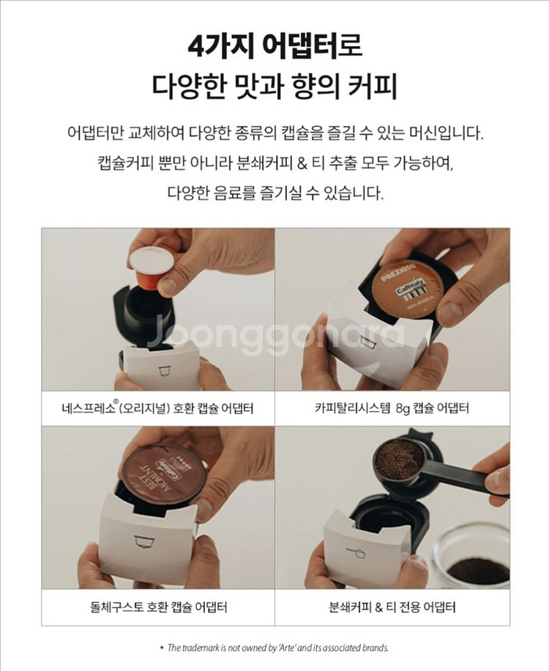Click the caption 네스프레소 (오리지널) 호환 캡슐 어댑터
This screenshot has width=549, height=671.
(158, 408)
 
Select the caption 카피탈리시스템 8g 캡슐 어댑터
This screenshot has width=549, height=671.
(392, 408)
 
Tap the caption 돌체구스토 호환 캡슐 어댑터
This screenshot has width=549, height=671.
(158, 607)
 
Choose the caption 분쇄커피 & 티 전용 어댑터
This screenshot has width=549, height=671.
(392, 607)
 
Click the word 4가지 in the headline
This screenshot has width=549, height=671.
(216, 45)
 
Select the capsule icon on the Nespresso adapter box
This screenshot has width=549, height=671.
(165, 369)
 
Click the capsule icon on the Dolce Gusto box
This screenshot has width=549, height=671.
(139, 540)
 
